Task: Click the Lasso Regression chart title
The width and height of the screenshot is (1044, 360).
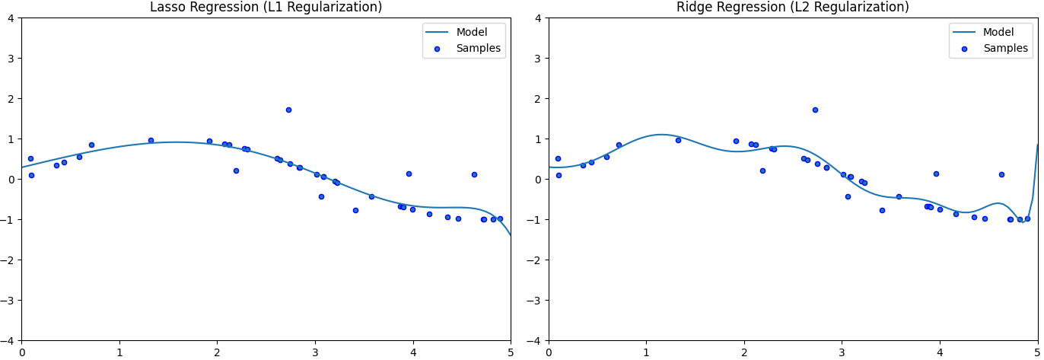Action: [266, 8]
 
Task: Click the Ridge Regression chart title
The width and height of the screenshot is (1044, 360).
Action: [792, 8]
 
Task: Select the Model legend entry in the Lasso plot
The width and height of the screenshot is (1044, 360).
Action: [471, 32]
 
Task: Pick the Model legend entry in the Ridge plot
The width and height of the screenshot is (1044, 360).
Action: [998, 32]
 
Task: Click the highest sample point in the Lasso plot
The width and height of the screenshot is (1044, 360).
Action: [288, 110]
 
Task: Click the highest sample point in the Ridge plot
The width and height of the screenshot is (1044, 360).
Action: [815, 110]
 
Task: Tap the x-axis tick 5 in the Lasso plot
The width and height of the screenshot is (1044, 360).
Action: [511, 352]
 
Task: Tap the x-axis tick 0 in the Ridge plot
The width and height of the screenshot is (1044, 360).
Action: [549, 352]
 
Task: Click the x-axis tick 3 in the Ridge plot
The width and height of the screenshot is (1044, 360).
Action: [842, 352]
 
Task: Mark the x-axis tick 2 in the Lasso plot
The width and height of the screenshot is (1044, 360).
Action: [217, 352]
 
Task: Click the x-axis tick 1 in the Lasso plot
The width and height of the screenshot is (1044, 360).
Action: [119, 352]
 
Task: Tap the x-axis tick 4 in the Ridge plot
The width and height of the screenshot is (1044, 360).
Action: [940, 352]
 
